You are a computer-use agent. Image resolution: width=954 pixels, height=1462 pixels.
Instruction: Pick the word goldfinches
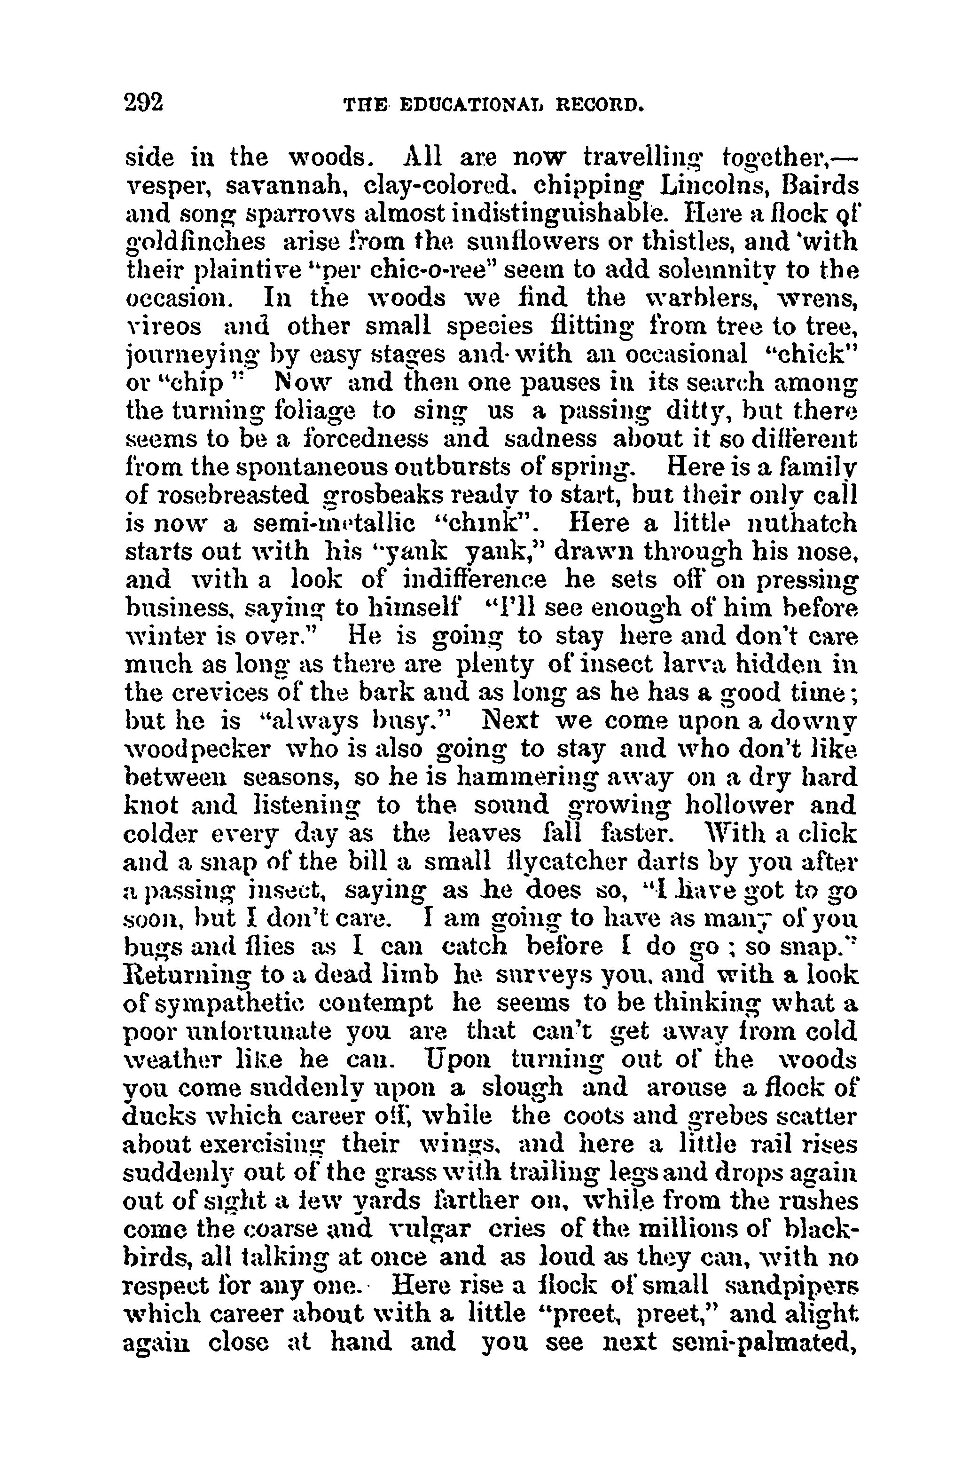point(195,243)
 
